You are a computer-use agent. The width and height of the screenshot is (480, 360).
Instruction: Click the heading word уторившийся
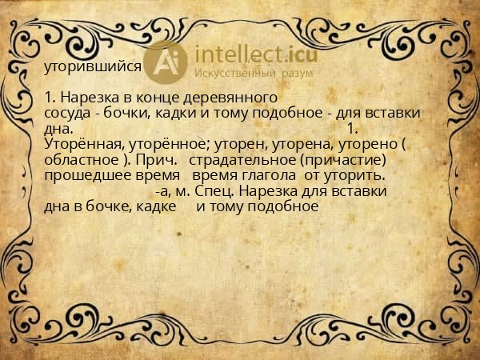pyautogui.click(x=94, y=67)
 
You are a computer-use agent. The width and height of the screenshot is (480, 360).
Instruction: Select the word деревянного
pyautogui.click(x=226, y=98)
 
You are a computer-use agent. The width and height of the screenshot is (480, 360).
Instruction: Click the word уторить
pyautogui.click(x=356, y=175)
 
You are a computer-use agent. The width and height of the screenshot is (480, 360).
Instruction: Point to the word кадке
pyautogui.click(x=166, y=206)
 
